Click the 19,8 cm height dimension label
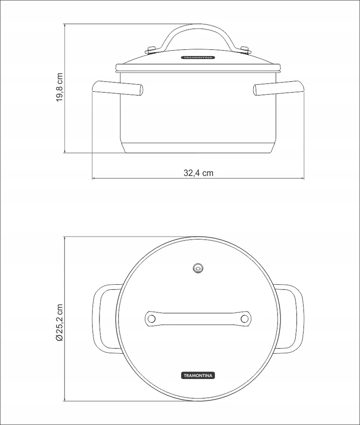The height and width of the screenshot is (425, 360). [x=60, y=87]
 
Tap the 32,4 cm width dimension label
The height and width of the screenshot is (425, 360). [x=198, y=173]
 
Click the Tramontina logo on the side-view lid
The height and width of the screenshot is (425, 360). [x=198, y=57]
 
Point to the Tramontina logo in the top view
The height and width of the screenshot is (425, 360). [x=198, y=375]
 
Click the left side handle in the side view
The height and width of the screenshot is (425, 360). [x=118, y=88]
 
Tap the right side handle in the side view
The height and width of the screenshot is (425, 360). [x=279, y=88]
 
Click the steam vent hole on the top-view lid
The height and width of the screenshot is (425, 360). [x=198, y=268]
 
